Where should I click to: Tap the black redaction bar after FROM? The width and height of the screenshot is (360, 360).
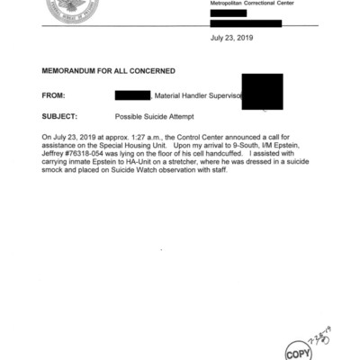(x=132, y=94)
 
